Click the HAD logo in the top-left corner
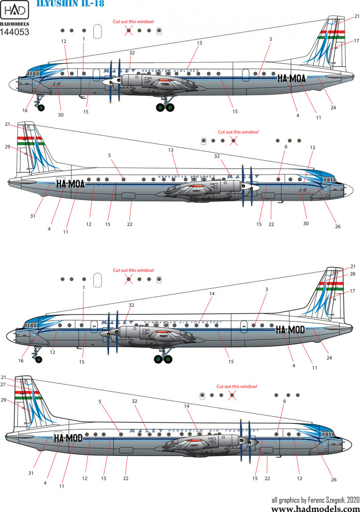(x=18, y=12)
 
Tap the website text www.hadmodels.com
(x=314, y=508)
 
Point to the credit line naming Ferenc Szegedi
(x=315, y=499)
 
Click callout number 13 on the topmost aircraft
(x=199, y=43)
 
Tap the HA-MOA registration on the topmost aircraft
(x=293, y=79)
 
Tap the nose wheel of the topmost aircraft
(x=40, y=108)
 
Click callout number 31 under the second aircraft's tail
(x=32, y=216)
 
